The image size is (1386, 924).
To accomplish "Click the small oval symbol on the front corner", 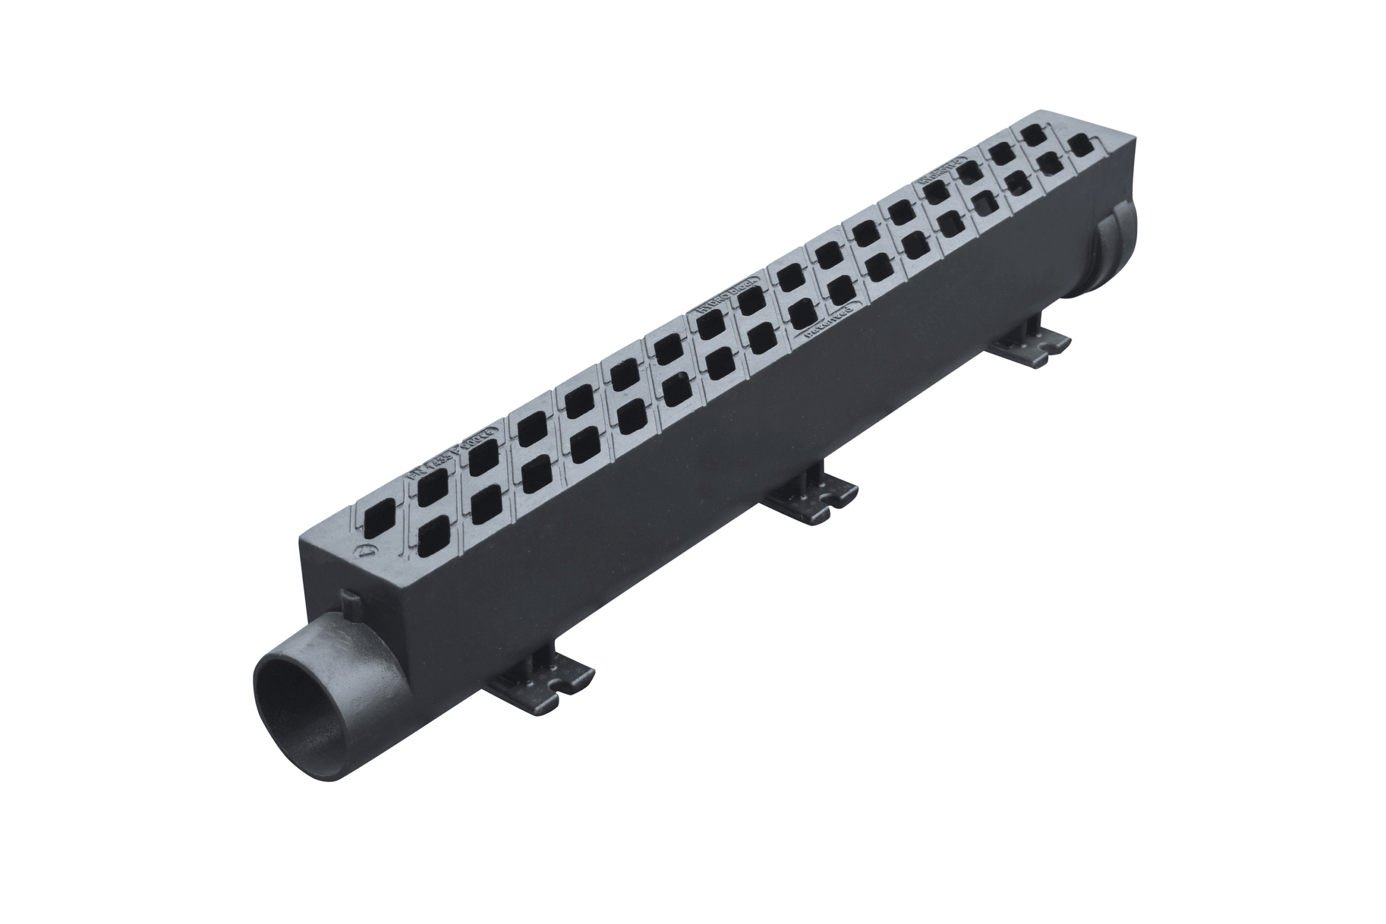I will [x=367, y=552].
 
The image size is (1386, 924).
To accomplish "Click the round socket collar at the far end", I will [x=1114, y=254].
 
